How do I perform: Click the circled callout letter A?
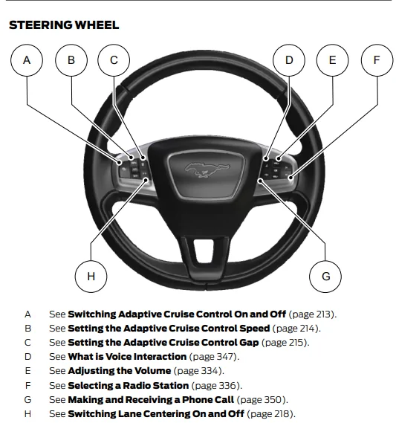tap(27, 60)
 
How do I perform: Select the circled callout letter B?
tap(71, 60)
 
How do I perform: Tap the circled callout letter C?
tap(114, 60)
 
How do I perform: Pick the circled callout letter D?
tap(289, 60)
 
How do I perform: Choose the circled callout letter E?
tap(332, 60)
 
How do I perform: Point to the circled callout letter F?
tap(377, 60)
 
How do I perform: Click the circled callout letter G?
tap(325, 277)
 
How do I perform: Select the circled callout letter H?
tap(91, 277)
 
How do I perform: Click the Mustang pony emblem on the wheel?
tap(207, 170)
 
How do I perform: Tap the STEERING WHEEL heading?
tap(64, 25)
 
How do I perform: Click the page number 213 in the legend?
tap(322, 314)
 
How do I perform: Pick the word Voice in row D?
tap(119, 357)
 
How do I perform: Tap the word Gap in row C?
tap(249, 342)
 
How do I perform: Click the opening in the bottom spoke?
tap(204, 250)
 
